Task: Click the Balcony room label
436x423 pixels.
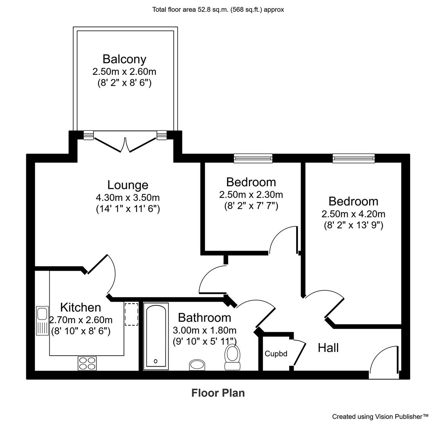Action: (124, 59)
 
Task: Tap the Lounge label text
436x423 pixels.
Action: (128, 184)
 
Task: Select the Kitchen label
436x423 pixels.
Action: (80, 307)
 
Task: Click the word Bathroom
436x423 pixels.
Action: (204, 317)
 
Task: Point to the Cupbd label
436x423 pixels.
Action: (276, 354)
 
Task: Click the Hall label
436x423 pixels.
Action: (328, 347)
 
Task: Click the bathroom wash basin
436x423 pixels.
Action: (197, 365)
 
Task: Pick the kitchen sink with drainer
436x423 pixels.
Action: (42, 320)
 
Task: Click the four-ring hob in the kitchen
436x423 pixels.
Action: (87, 363)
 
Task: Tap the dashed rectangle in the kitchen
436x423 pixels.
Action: (131, 314)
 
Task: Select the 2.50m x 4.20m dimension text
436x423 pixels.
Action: (353, 214)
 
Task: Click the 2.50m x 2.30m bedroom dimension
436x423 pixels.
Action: (251, 194)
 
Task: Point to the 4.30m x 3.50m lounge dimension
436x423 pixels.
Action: (128, 197)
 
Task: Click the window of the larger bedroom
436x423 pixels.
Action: (353, 158)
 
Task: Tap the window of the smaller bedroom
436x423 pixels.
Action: (253, 158)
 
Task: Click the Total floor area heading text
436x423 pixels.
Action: (218, 9)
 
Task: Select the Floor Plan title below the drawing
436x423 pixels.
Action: (218, 392)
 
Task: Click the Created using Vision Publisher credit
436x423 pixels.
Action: (380, 416)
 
